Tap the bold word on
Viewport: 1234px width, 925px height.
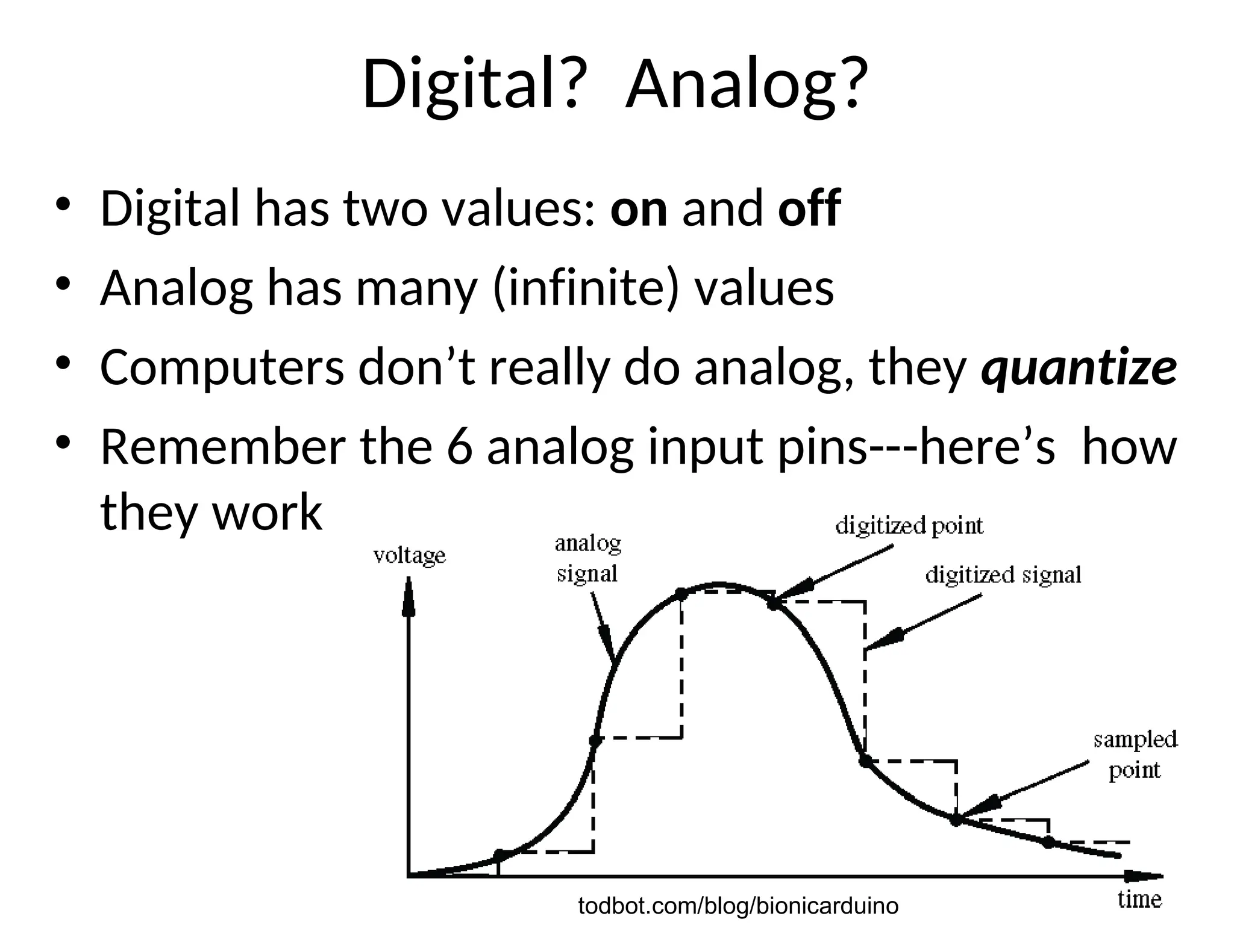tap(638, 208)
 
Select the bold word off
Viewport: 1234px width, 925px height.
tap(809, 207)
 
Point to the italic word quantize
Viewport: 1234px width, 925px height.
tap(1079, 368)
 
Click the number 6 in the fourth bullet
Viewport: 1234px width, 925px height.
tap(460, 447)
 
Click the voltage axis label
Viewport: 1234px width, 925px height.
tap(410, 555)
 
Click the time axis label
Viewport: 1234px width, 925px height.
tap(1139, 900)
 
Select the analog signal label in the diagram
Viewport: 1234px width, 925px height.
tap(587, 559)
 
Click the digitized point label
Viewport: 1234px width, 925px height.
tap(909, 526)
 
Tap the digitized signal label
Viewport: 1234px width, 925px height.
tap(1003, 575)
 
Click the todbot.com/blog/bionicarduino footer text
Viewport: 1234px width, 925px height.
tap(738, 906)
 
